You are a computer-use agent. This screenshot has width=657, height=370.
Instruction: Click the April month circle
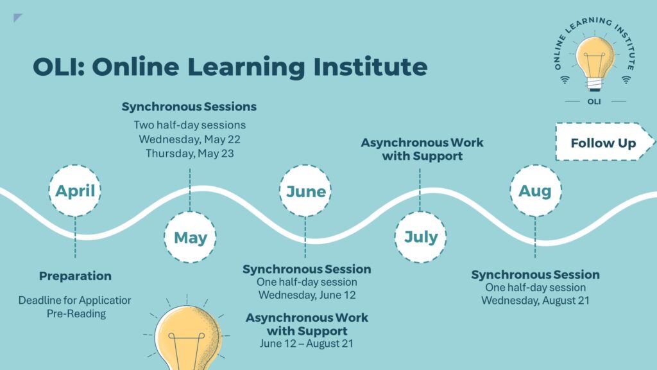click(x=75, y=191)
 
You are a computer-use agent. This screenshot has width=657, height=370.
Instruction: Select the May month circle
click(x=190, y=238)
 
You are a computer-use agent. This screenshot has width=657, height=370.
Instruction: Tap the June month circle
click(x=305, y=191)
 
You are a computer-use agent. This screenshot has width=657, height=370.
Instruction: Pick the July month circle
click(x=420, y=237)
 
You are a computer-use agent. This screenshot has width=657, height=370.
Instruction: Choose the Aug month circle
click(x=536, y=191)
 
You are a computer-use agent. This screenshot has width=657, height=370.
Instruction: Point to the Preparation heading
click(x=76, y=276)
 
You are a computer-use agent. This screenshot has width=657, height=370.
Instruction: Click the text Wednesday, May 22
click(x=190, y=139)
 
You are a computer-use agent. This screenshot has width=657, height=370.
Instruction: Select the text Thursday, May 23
click(x=190, y=154)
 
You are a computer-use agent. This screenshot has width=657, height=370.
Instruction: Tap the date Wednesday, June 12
click(x=307, y=295)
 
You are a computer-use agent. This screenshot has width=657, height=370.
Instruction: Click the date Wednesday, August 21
click(x=536, y=301)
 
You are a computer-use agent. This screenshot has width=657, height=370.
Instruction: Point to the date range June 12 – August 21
click(x=307, y=344)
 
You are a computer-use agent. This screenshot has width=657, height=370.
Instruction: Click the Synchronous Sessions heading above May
click(x=189, y=107)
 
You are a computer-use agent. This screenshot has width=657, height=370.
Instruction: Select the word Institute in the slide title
click(x=370, y=67)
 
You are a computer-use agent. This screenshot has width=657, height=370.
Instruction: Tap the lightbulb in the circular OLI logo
click(x=595, y=63)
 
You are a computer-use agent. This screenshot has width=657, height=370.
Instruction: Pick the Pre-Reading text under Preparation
click(x=76, y=313)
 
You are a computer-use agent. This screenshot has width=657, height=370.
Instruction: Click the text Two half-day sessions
click(x=190, y=125)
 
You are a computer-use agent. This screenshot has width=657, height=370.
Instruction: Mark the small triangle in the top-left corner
click(x=17, y=17)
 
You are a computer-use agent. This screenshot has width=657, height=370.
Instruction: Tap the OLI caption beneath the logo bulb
click(x=594, y=101)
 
